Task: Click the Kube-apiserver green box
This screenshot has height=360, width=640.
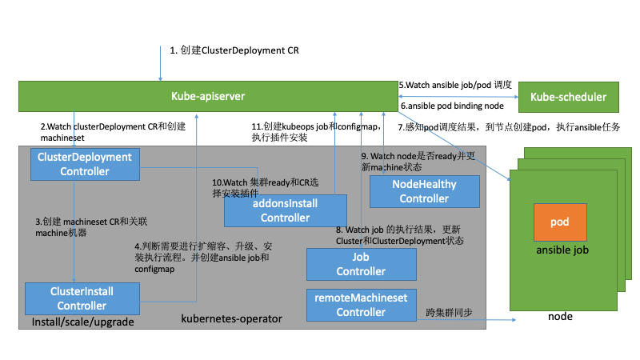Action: click(x=208, y=97)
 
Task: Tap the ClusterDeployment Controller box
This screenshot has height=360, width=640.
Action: click(x=85, y=165)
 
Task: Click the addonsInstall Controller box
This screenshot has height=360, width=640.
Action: click(x=285, y=211)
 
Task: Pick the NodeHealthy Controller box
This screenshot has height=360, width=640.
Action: click(x=424, y=191)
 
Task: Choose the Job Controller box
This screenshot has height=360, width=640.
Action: click(x=362, y=265)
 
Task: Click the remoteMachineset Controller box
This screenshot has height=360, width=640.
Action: click(x=362, y=305)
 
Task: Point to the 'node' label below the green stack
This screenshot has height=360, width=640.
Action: click(x=560, y=317)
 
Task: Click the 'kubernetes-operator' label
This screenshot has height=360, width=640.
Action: click(x=232, y=318)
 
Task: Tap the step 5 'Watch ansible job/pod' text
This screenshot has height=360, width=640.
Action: click(x=455, y=85)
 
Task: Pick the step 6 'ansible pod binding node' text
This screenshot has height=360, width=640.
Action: click(x=451, y=106)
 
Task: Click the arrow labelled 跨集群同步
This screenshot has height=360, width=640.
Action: click(x=464, y=320)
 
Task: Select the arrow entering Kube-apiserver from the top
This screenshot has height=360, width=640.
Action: click(x=160, y=64)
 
